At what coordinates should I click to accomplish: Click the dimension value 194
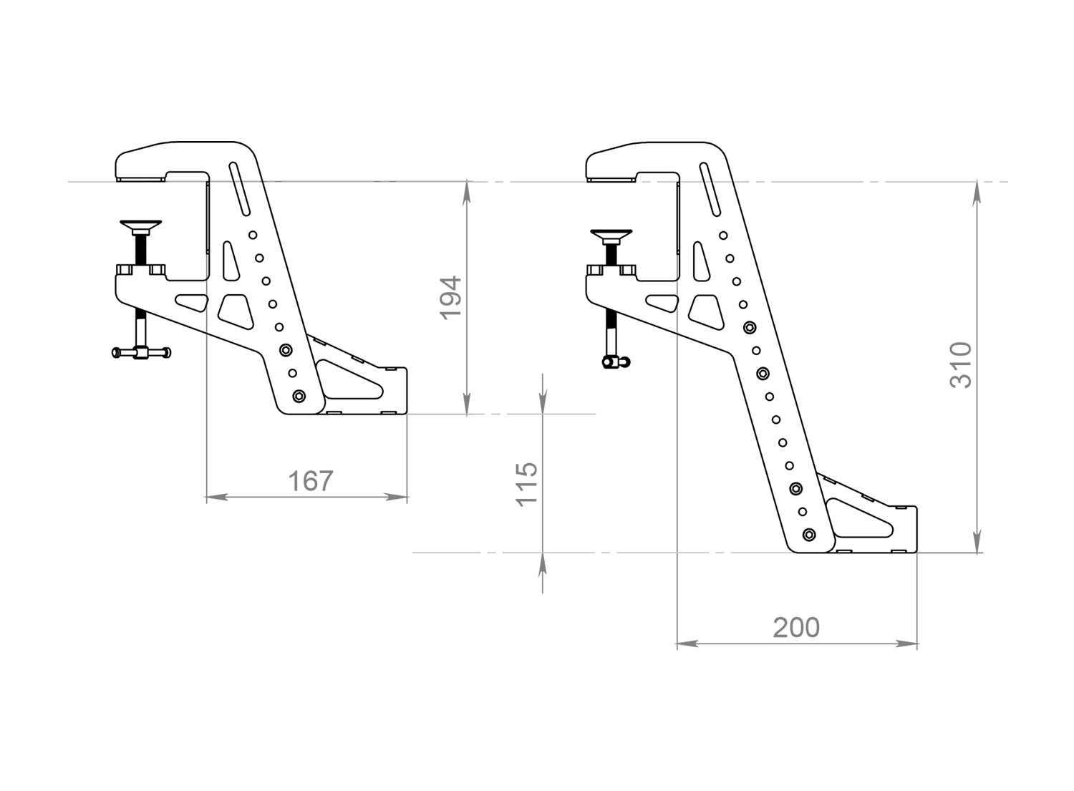pyautogui.click(x=451, y=298)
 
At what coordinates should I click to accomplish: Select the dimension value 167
pyautogui.click(x=311, y=481)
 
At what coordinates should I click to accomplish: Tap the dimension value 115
pyautogui.click(x=526, y=484)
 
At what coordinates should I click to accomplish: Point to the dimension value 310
pyautogui.click(x=961, y=365)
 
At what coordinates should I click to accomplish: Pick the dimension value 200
pyautogui.click(x=796, y=628)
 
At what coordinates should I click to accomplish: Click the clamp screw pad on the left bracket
pyautogui.click(x=140, y=225)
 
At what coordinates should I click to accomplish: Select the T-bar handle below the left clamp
pyautogui.click(x=141, y=352)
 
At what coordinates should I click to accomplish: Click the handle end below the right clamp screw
pyautogui.click(x=616, y=362)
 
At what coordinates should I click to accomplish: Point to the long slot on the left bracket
pyautogui.click(x=239, y=188)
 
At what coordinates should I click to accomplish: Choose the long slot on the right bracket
pyautogui.click(x=710, y=189)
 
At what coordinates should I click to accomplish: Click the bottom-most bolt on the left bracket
pyautogui.click(x=299, y=396)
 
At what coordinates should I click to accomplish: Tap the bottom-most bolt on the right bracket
pyautogui.click(x=809, y=535)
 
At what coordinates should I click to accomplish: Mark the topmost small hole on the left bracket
pyautogui.click(x=253, y=235)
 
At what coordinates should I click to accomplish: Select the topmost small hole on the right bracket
pyautogui.click(x=723, y=236)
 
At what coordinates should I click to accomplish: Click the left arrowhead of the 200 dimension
pyautogui.click(x=686, y=644)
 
